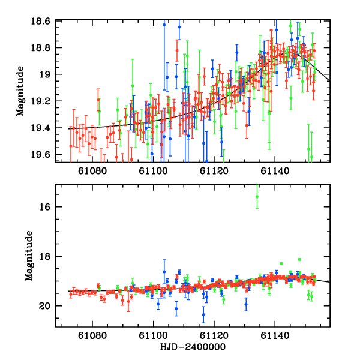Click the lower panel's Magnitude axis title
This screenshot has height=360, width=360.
coord(29,255)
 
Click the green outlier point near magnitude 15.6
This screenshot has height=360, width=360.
coord(257,196)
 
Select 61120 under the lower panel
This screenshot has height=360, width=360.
coord(213,337)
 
